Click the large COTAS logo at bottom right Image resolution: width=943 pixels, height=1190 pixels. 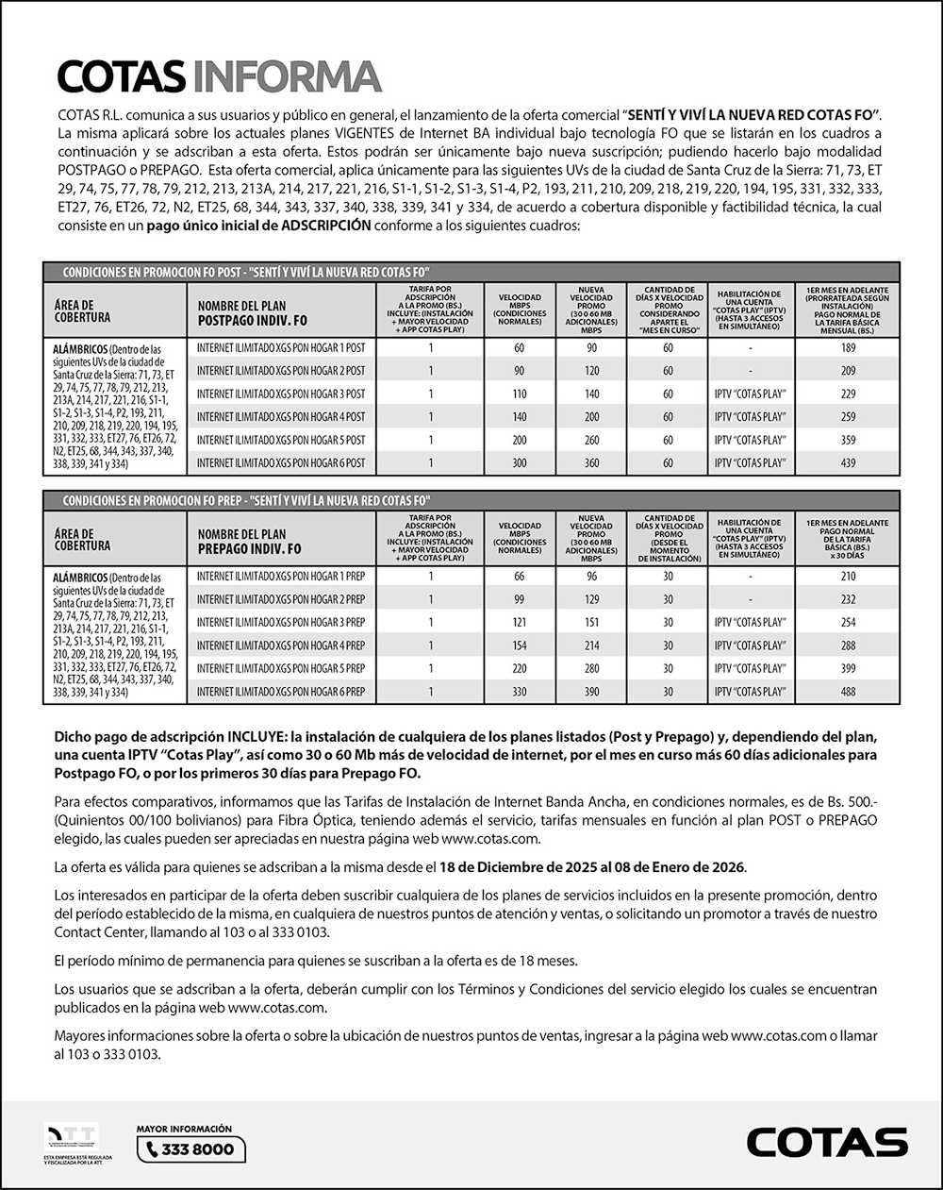[x=827, y=1142]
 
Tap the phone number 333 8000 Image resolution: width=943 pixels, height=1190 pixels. [x=191, y=1149]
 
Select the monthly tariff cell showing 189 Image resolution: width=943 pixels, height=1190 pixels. [x=847, y=348]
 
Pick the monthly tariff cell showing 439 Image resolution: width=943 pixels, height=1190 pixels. [x=847, y=463]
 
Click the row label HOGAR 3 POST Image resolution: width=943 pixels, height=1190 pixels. [x=281, y=394]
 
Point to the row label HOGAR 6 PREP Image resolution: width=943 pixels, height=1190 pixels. [x=281, y=692]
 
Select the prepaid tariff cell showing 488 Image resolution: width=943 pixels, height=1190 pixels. [x=847, y=692]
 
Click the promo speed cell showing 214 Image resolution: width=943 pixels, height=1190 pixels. [x=590, y=645]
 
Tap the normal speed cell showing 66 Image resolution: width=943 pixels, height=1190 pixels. [x=519, y=576]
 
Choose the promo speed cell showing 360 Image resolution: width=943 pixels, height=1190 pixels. [x=590, y=463]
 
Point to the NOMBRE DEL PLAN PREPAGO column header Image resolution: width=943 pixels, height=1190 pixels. [x=250, y=542]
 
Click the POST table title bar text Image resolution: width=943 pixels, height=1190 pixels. [x=246, y=272]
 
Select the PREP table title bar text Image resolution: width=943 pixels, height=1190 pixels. [x=246, y=500]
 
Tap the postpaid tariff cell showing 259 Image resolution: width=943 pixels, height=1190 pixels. [x=847, y=417]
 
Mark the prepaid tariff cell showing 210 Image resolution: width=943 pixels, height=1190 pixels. [x=847, y=576]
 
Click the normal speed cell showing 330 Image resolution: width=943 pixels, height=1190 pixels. [x=519, y=692]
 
